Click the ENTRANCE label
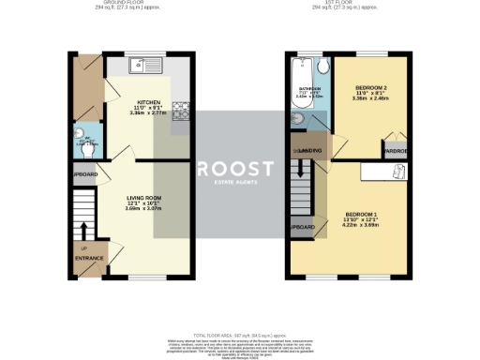(x=88, y=256)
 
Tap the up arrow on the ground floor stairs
(x=85, y=230)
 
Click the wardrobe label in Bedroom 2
(x=395, y=149)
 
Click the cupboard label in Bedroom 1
(x=302, y=228)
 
